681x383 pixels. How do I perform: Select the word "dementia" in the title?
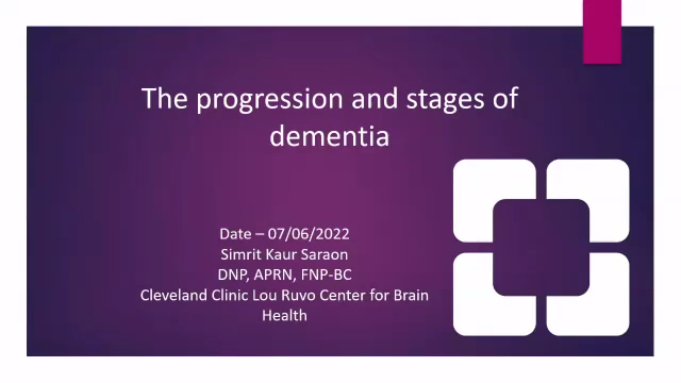[x=330, y=136]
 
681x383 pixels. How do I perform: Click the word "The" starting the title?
[x=165, y=98]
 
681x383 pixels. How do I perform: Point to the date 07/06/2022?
[x=309, y=234]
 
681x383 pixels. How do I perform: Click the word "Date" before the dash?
[x=235, y=234]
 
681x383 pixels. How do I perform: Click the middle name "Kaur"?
[x=281, y=255]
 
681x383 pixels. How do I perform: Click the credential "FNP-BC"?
[x=326, y=275]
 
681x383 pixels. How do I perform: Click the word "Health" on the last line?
[x=284, y=316]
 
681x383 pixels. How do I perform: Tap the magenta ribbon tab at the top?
[x=602, y=32]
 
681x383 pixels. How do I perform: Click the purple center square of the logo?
[x=541, y=248]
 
